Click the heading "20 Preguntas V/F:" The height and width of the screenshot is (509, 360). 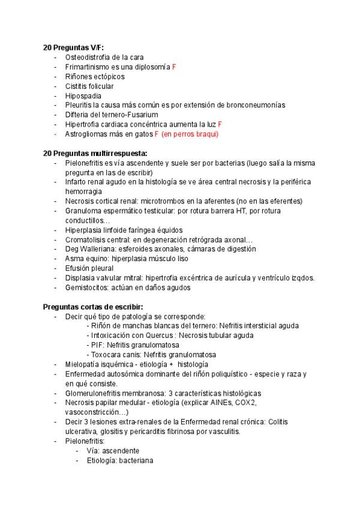(73, 47)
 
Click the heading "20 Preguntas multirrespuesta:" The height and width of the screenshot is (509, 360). (95, 153)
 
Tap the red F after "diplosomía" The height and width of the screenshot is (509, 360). (174, 67)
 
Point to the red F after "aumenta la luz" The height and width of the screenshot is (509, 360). (220, 124)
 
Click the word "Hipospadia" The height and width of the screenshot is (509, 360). (83, 95)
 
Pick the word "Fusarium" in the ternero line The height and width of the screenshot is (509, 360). (144, 115)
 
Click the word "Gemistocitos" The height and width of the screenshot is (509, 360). (87, 288)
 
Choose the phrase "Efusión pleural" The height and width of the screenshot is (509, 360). (89, 268)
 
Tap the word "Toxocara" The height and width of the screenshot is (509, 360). (106, 355)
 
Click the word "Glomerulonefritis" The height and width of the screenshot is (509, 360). (95, 393)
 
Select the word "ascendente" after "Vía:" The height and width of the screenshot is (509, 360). (121, 451)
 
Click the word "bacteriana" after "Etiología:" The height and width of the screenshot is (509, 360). (136, 460)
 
